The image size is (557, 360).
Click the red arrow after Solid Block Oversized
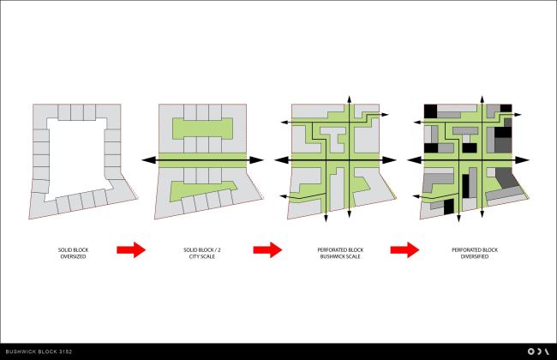click(x=131, y=249)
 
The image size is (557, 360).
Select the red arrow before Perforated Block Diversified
click(x=404, y=249)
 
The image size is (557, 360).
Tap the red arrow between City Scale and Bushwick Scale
click(x=267, y=249)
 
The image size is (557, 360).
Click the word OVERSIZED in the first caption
click(x=73, y=256)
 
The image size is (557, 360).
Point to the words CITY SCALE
click(x=201, y=256)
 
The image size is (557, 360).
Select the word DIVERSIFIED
click(x=475, y=256)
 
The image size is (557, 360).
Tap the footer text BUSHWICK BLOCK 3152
click(x=39, y=351)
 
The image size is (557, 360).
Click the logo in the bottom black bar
click(x=538, y=351)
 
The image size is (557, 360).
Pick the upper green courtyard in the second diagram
click(x=202, y=129)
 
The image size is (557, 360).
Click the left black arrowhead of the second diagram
click(x=149, y=160)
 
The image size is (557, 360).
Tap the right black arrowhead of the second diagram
click(x=256, y=160)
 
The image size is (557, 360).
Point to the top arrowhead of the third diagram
click(x=350, y=99)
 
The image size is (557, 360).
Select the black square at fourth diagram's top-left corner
click(x=430, y=111)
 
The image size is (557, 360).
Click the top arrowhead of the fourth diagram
click(x=482, y=99)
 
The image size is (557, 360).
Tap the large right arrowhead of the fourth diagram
click(x=522, y=160)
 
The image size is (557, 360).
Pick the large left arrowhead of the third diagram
click(x=282, y=160)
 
